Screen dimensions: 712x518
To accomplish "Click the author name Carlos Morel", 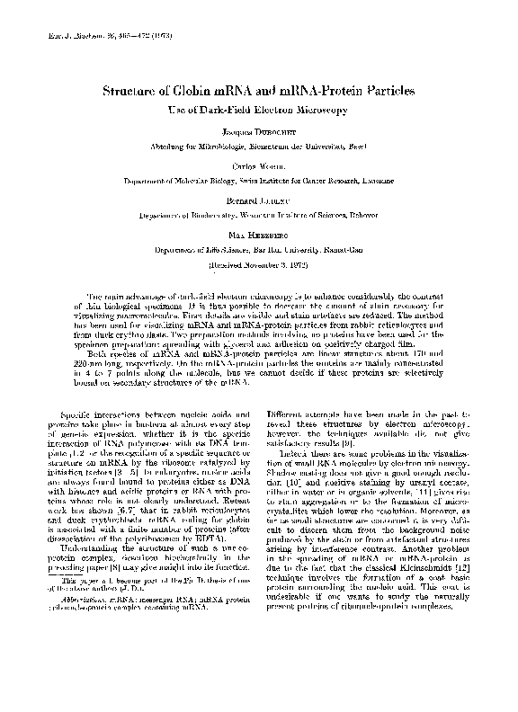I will [259, 167].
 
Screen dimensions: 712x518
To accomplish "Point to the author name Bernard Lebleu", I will [259, 203].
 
